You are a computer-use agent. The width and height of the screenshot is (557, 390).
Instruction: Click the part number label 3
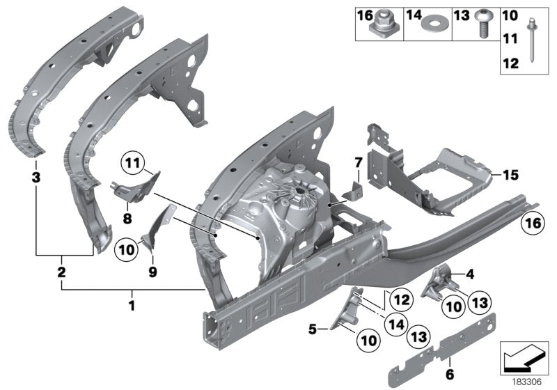point(36,178)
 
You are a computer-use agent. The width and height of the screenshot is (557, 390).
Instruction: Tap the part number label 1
point(132,304)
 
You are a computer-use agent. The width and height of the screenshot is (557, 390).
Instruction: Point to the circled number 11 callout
point(132,165)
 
